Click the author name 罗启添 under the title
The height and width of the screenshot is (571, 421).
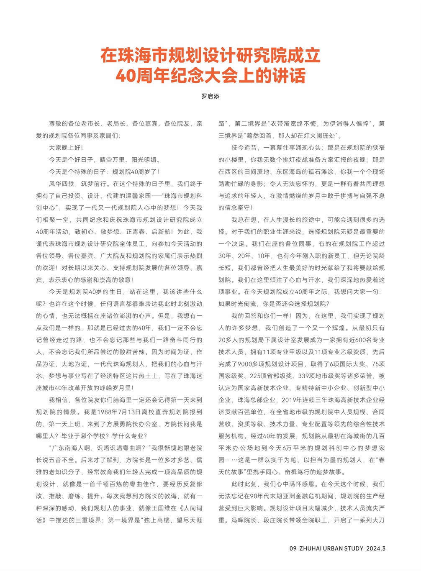(x=210, y=96)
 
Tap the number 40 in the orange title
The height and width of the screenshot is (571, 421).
(x=125, y=76)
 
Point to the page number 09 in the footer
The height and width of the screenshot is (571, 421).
(x=293, y=548)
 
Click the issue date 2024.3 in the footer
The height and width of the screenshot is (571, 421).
(x=376, y=548)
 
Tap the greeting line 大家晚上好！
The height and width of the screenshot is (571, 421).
(x=66, y=148)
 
